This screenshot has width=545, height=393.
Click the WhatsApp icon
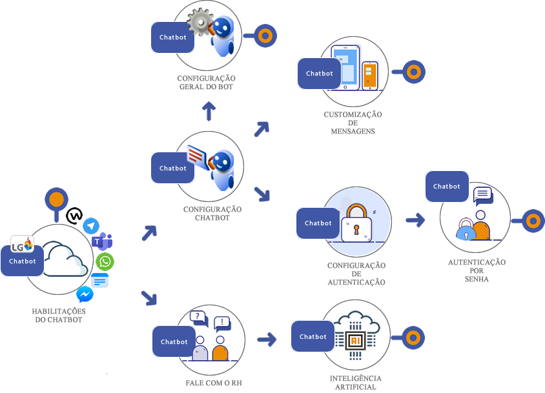click(x=105, y=261)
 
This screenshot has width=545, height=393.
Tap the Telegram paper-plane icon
click(x=91, y=225)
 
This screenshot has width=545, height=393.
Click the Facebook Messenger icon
click(x=85, y=294)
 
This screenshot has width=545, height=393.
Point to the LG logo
click(x=22, y=245)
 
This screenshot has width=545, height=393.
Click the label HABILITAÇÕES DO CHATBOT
click(x=59, y=316)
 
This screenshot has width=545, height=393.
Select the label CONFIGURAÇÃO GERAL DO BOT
click(x=206, y=83)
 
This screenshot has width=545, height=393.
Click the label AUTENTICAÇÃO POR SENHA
click(x=477, y=271)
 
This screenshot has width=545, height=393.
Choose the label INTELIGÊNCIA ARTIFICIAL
click(x=355, y=382)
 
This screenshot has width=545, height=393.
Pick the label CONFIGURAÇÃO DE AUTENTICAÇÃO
click(x=356, y=274)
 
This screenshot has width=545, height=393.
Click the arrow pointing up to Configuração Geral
click(x=208, y=112)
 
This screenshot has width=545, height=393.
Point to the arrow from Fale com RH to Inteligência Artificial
click(x=266, y=338)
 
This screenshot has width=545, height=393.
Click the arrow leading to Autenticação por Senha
click(x=415, y=220)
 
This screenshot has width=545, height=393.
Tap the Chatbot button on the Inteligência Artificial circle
click(x=313, y=336)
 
